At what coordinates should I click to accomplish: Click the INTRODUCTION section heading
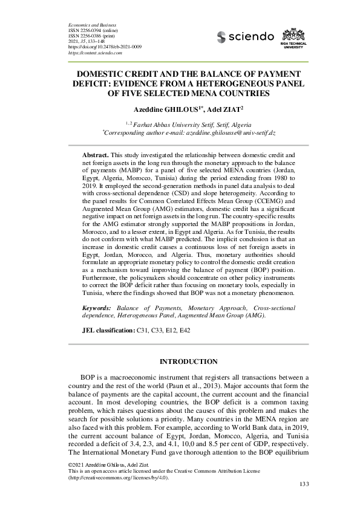pyautogui.click(x=188, y=362)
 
